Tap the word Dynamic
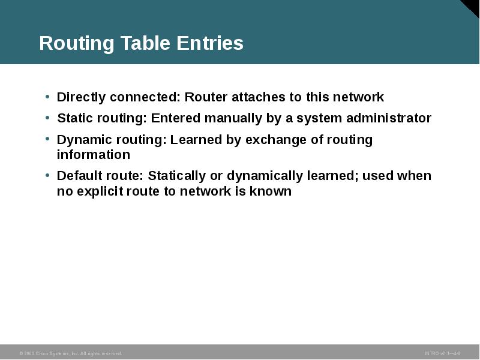point(82,140)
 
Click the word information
point(93,155)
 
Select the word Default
point(79,176)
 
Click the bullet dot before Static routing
point(47,117)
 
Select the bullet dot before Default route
point(47,175)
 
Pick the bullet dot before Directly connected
point(47,96)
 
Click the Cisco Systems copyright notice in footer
point(70,353)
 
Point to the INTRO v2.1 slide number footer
point(442,353)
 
